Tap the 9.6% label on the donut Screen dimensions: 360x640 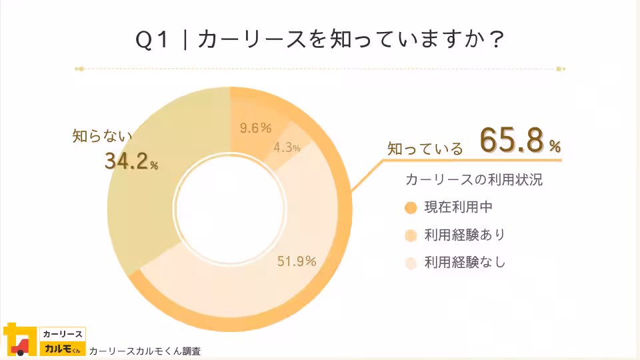(256, 128)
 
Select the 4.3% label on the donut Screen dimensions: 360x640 (287, 147)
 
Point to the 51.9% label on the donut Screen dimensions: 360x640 (297, 261)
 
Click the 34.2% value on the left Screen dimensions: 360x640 (131, 161)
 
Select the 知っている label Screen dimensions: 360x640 (425, 149)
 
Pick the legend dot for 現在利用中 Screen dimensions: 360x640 (411, 207)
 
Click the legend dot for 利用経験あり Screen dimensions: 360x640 (411, 235)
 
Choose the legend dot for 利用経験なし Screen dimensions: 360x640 (411, 263)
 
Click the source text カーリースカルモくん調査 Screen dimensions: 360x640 (145, 351)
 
